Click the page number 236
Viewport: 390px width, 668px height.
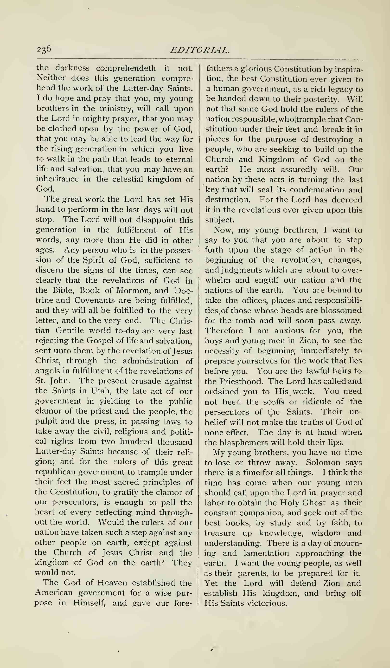pyautogui.click(x=44, y=50)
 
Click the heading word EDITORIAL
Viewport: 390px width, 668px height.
pyautogui.click(x=199, y=50)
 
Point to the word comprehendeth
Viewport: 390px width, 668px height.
pyautogui.click(x=126, y=68)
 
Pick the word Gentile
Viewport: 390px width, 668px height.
pyautogui.click(x=70, y=331)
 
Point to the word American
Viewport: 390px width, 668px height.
pyautogui.click(x=54, y=593)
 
